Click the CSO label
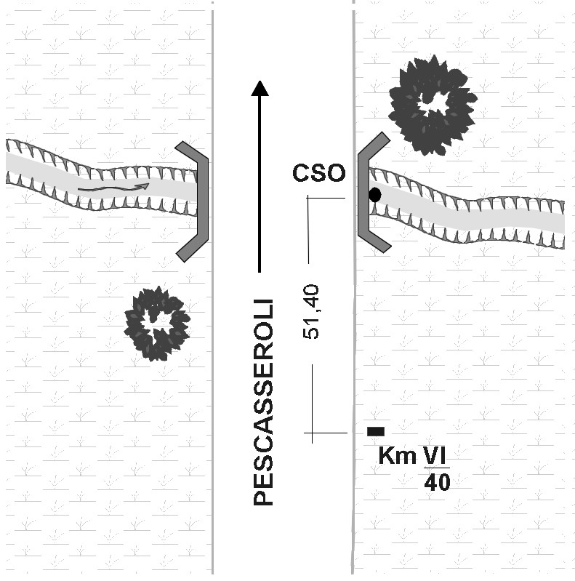tap(318, 173)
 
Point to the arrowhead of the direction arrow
tap(260, 88)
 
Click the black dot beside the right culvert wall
tap(375, 195)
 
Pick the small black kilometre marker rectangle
tap(376, 431)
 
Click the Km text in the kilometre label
tap(397, 457)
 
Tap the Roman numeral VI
tap(435, 456)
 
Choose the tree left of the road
tap(157, 323)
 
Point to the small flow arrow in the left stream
tap(113, 188)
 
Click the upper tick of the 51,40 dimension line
tap(325, 198)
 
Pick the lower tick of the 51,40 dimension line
tap(325, 433)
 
